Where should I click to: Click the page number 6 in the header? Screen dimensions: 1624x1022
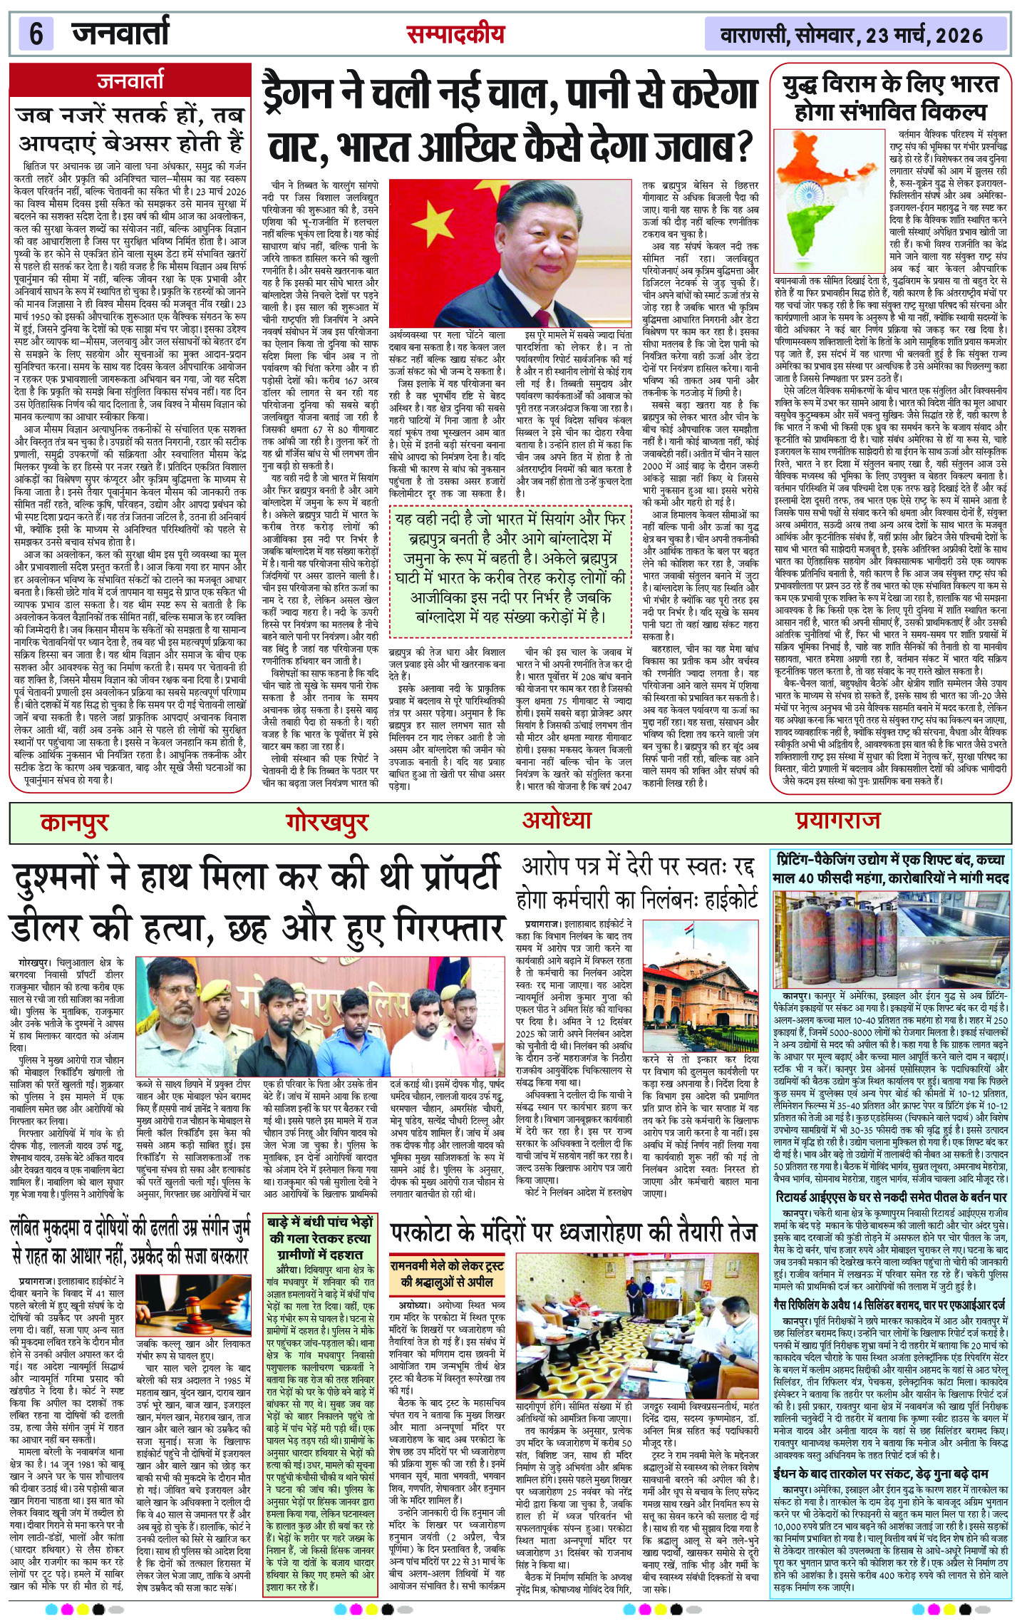pos(36,34)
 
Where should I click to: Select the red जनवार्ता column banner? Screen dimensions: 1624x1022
pos(130,81)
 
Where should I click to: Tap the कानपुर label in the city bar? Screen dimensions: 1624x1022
pos(74,822)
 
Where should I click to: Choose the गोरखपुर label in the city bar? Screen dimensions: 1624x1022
pos(327,822)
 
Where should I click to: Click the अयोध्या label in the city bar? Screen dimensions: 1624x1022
pos(556,821)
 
